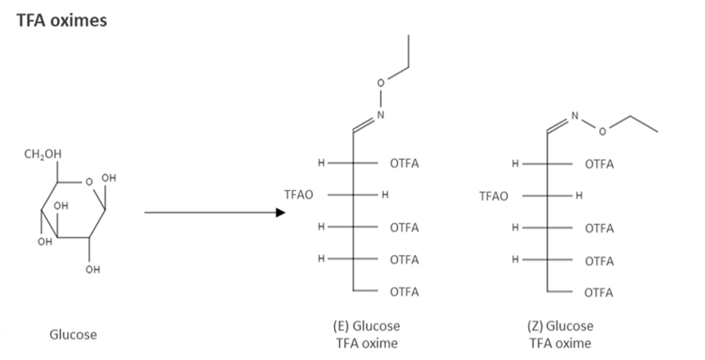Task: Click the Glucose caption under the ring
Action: click(x=73, y=335)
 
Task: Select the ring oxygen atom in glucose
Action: click(x=90, y=182)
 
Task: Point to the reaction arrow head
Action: click(x=280, y=213)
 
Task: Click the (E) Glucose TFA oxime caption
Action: click(x=367, y=335)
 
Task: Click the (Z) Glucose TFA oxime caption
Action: click(x=560, y=335)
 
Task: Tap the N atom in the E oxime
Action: click(x=380, y=115)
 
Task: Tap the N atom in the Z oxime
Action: click(x=574, y=116)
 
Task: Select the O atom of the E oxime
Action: click(x=389, y=82)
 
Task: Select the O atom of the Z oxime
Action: click(x=602, y=130)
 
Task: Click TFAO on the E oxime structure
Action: click(x=298, y=195)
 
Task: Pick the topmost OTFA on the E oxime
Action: click(x=404, y=164)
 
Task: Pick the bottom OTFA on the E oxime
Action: click(x=404, y=291)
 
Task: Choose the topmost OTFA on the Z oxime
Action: click(x=599, y=164)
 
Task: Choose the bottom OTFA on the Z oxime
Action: click(x=599, y=292)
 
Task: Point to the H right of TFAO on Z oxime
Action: click(x=579, y=195)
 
